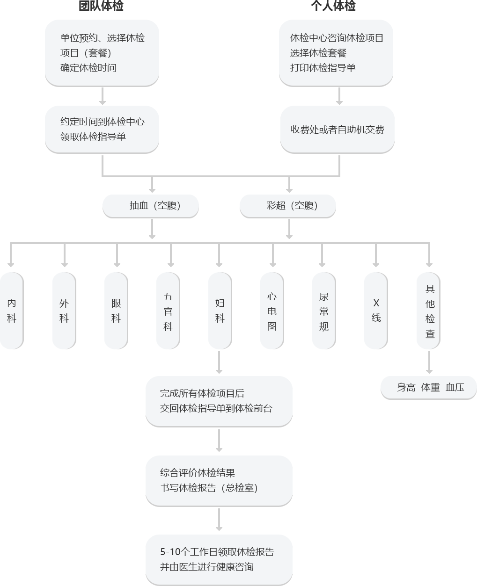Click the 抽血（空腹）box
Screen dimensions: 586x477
151,206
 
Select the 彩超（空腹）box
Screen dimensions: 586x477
288,206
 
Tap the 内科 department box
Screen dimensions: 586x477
12,311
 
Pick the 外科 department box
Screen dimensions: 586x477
64,311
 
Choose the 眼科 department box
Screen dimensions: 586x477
116,311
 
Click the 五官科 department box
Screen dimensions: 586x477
168,311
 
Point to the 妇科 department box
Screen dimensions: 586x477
220,311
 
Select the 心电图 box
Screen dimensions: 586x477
272,311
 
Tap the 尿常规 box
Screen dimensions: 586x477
324,311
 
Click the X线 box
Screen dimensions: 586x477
376,311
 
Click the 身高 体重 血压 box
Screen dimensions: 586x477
429,388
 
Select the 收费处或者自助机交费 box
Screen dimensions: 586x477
337,130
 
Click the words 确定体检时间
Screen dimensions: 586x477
88,68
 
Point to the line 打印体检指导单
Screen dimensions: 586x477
323,68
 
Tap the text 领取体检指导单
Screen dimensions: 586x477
93,137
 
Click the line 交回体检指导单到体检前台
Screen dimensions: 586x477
216,408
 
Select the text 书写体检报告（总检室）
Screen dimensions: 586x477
209,488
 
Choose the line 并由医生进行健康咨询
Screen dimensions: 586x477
206,567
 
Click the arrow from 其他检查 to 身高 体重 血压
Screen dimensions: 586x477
429,362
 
